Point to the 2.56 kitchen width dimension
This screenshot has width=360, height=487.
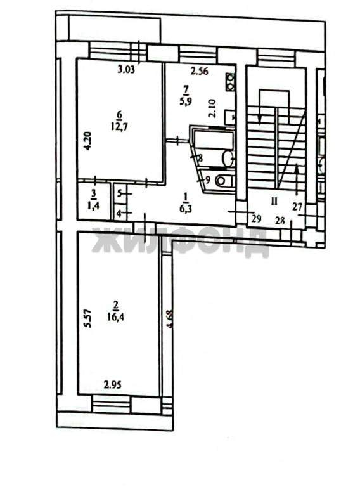(x=200, y=70)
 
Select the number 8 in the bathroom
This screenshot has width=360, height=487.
(x=200, y=159)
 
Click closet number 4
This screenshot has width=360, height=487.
(x=119, y=214)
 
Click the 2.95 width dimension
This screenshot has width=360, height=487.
(x=113, y=384)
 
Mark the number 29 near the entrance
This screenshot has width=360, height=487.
(x=255, y=219)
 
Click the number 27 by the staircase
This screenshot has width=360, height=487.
(x=297, y=205)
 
